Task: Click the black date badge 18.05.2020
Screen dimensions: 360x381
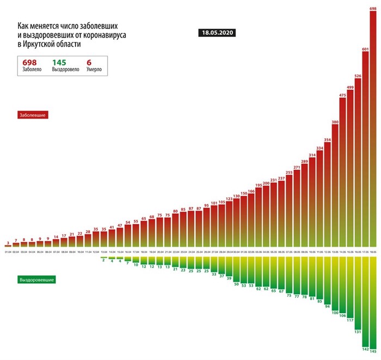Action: [x=217, y=33]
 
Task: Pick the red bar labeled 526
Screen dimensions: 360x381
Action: [x=358, y=163]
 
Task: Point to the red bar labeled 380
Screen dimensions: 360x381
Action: [x=335, y=185]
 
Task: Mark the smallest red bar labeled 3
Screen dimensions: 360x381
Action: [x=8, y=246]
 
